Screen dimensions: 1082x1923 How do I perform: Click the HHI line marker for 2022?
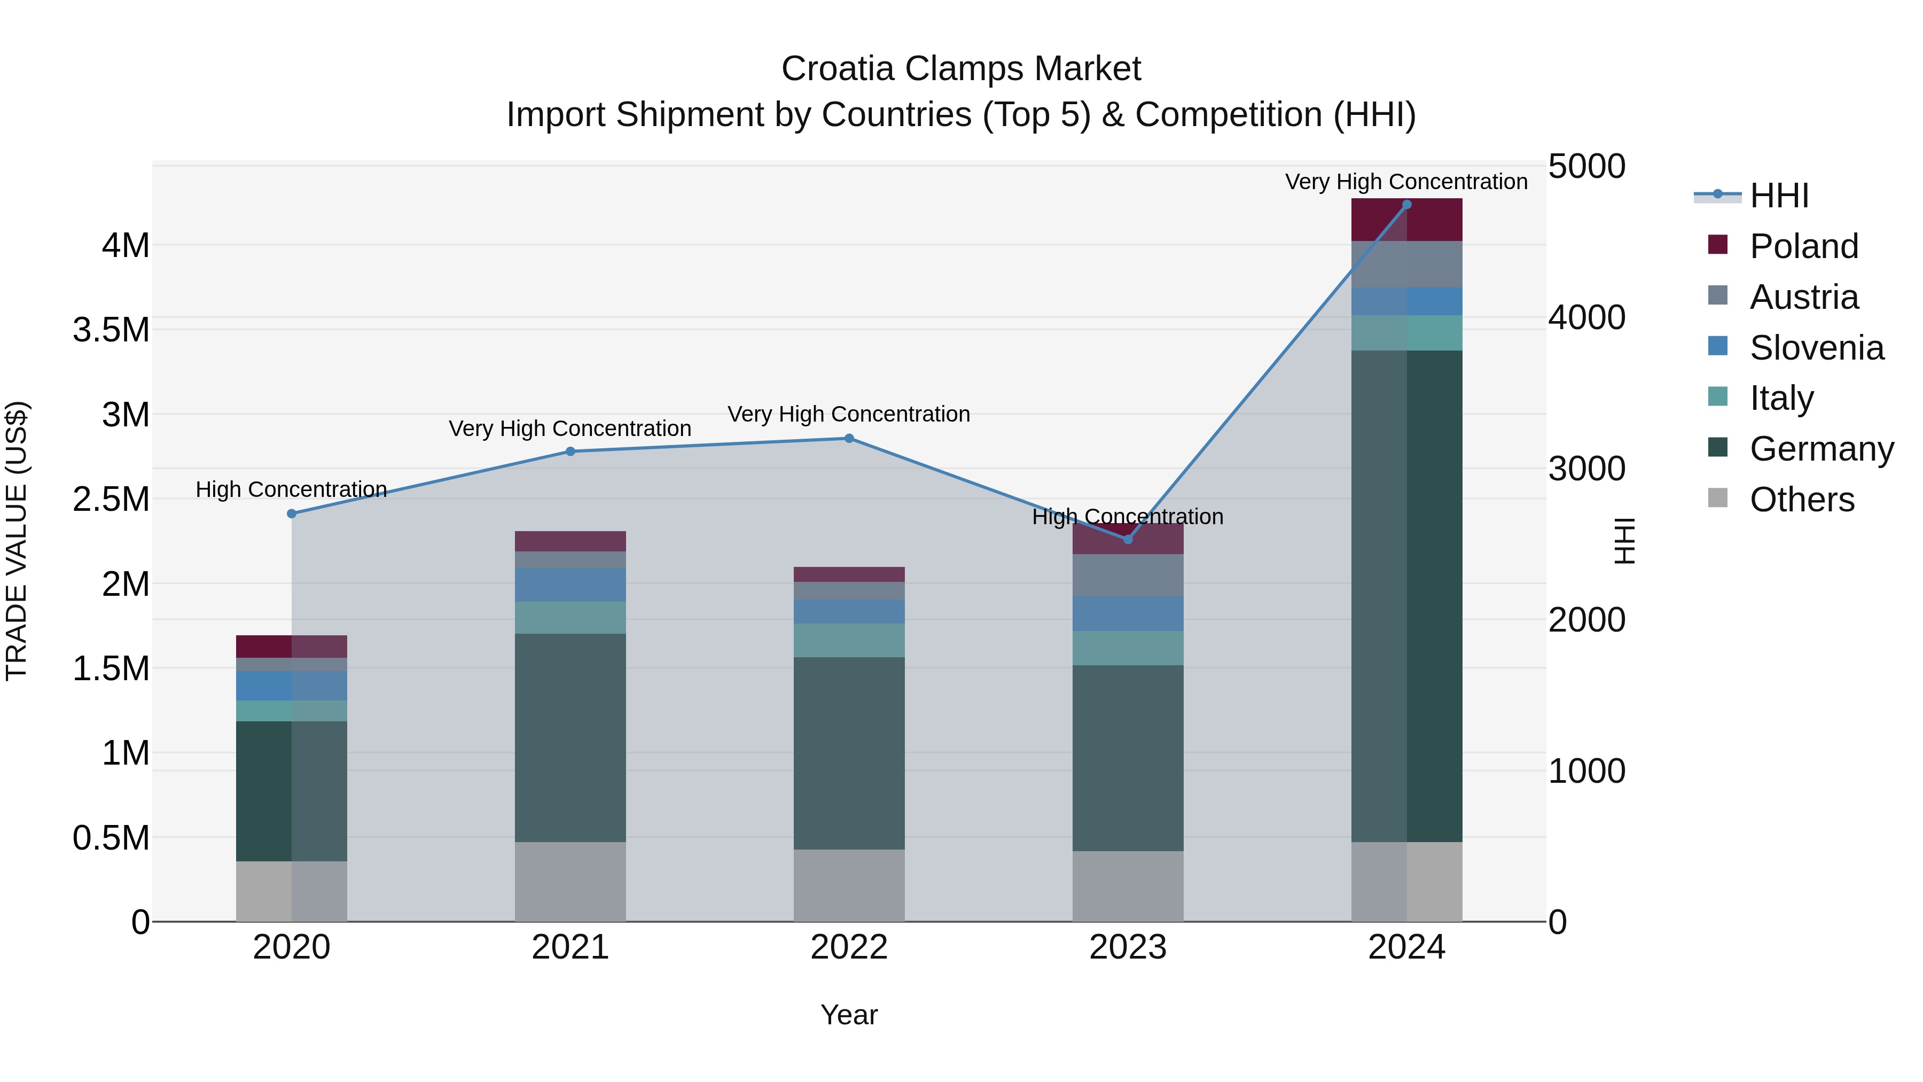point(849,438)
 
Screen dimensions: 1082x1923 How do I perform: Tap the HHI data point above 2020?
point(292,513)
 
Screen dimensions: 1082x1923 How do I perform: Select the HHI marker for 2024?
point(1406,204)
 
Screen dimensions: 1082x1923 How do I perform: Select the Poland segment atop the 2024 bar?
point(1406,220)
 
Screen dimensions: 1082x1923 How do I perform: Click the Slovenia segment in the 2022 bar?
point(849,612)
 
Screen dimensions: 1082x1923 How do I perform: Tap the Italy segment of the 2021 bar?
point(570,618)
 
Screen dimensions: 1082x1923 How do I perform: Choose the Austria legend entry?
point(1803,297)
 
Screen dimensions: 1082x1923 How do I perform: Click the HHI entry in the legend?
point(1778,196)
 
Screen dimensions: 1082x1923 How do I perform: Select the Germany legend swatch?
point(1718,447)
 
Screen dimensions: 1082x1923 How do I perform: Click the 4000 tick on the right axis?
point(1586,317)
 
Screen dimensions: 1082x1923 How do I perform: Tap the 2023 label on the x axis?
point(1128,947)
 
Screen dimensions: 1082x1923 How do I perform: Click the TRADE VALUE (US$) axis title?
point(17,541)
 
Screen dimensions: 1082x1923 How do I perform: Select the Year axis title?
point(849,1015)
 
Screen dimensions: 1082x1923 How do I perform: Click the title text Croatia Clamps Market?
point(961,69)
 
